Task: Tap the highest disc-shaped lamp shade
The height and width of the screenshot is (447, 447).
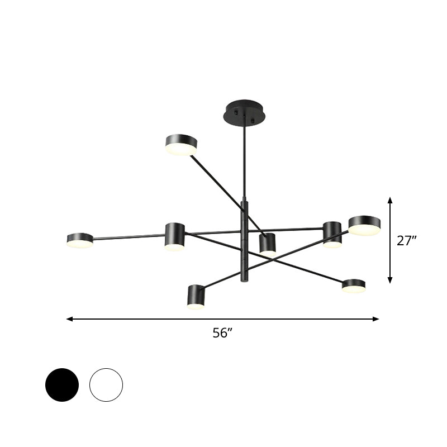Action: coord(181,144)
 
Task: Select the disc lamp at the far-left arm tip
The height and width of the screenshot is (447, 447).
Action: coord(80,240)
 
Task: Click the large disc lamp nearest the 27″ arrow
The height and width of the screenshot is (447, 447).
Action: coord(364,225)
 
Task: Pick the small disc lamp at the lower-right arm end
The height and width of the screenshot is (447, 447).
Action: coord(354,286)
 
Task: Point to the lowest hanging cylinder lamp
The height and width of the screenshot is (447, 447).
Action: coord(196,297)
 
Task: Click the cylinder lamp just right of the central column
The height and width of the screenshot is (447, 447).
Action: coord(268,244)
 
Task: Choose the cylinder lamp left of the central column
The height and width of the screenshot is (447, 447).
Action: coord(174,236)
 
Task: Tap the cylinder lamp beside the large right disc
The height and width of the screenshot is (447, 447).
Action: coord(332,234)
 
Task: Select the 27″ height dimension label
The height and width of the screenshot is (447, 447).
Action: coord(407,241)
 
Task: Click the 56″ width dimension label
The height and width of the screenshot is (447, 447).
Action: coord(222,333)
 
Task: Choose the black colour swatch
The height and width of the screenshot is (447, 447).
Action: coord(62,384)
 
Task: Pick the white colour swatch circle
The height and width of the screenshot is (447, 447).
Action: coord(106,384)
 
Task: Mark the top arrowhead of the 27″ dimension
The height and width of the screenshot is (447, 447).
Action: coord(390,199)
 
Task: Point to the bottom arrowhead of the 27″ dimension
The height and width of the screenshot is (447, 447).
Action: coord(390,280)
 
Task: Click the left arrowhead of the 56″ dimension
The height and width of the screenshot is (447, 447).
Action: coord(69,319)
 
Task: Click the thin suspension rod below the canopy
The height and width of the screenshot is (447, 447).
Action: coord(244,162)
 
